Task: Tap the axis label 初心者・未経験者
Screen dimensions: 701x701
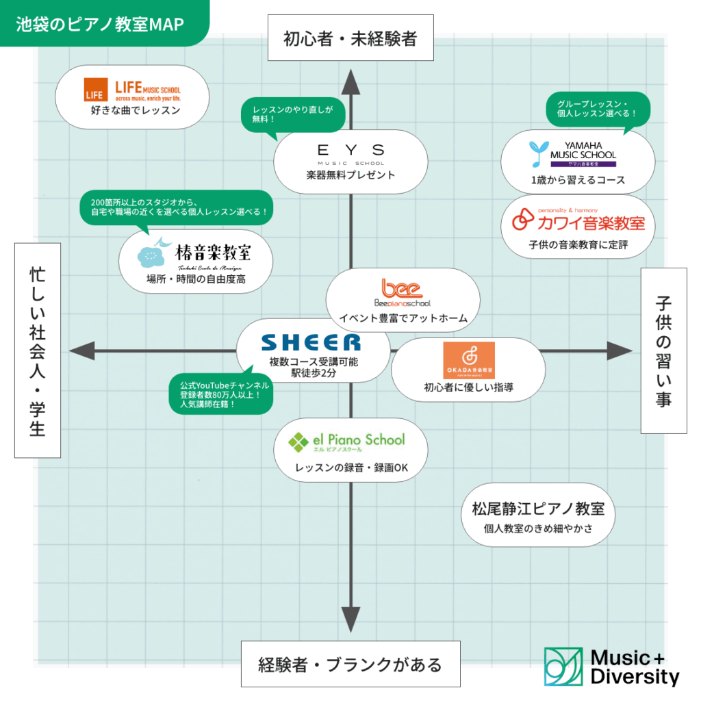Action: point(350,38)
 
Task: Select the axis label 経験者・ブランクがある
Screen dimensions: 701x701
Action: point(350,663)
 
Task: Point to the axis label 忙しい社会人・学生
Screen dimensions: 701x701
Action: point(37,350)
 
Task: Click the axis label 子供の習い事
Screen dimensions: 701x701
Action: point(663,350)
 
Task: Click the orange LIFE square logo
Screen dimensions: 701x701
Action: point(95,90)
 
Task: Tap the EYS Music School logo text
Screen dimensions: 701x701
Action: point(350,152)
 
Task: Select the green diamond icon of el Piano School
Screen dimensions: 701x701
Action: point(298,443)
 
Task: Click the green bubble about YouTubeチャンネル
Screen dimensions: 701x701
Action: point(220,394)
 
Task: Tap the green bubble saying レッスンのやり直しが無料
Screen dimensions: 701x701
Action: point(292,114)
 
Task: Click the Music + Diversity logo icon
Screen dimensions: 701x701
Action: point(563,667)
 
